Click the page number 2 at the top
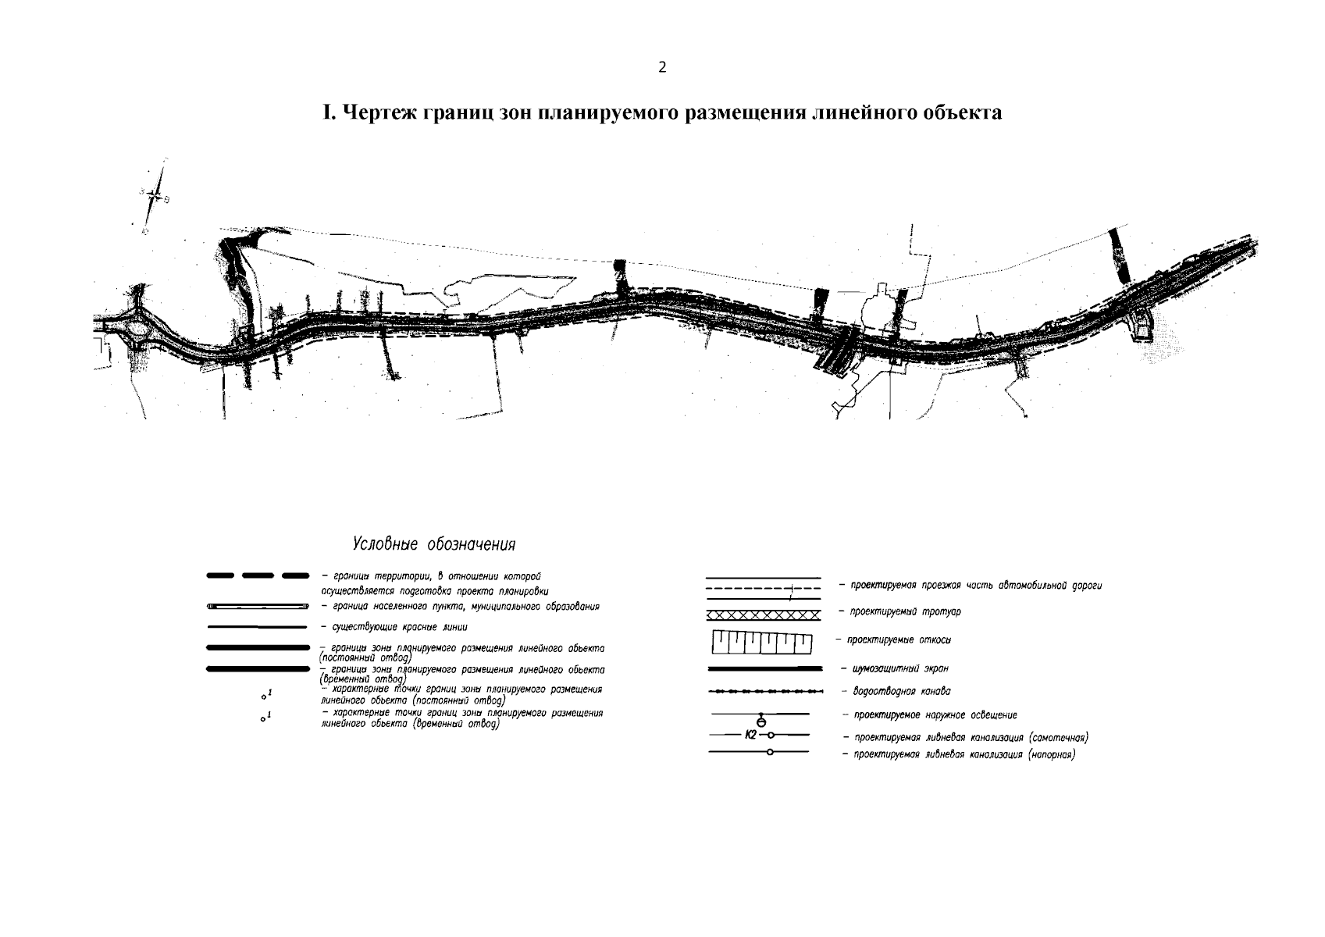[x=662, y=67]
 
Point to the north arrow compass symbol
[x=156, y=197]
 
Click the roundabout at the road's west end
[x=138, y=328]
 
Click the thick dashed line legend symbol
[x=257, y=576]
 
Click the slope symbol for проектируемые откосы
[x=762, y=643]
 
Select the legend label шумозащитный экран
[x=900, y=668]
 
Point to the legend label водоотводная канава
[x=901, y=691]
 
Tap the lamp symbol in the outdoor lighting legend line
[x=761, y=720]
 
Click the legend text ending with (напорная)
[x=963, y=755]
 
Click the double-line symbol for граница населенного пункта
[x=257, y=607]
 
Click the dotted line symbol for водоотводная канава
[x=764, y=692]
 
